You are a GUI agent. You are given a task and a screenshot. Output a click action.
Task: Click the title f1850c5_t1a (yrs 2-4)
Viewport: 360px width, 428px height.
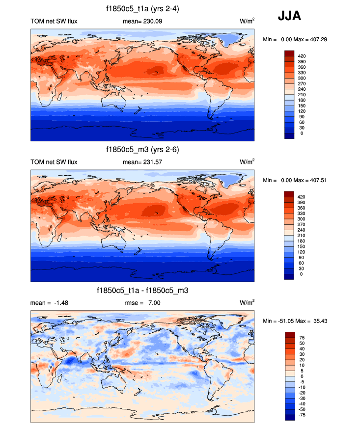point(142,9)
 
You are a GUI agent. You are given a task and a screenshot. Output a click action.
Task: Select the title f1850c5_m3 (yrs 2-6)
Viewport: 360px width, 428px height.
point(142,150)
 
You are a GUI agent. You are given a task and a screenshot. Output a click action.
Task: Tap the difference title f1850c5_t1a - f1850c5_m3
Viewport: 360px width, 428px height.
point(142,291)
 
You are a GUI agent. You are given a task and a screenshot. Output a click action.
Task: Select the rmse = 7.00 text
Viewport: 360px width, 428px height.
point(142,303)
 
